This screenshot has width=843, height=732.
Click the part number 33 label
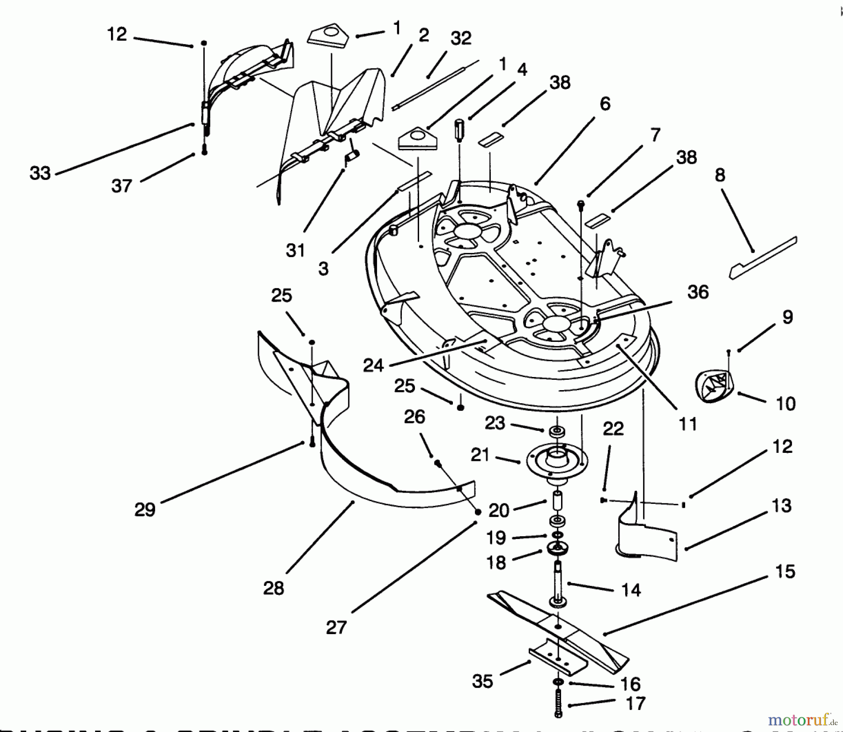40,173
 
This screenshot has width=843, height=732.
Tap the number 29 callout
144,509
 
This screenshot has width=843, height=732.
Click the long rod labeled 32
436,84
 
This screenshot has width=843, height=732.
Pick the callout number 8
720,175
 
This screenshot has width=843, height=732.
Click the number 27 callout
336,627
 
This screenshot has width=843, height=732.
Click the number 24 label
373,365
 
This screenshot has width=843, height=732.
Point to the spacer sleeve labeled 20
557,503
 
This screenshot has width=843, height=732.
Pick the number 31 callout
296,251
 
